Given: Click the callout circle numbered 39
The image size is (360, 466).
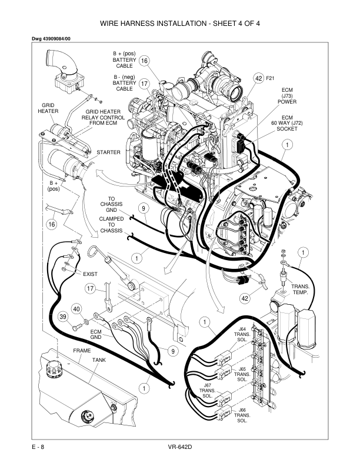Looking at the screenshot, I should [64, 318].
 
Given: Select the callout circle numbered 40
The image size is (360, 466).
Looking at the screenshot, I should [76, 308].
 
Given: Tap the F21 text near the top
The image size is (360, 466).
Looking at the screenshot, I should [271, 78].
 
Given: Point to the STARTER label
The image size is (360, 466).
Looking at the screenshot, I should [109, 152].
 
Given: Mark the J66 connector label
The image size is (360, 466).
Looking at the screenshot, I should [242, 410].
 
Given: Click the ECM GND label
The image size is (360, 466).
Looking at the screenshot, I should [96, 335].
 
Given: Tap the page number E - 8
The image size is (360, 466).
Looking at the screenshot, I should [39, 448].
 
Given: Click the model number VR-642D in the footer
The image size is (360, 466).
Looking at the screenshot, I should [180, 448].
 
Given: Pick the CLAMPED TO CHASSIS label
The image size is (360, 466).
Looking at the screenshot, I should [111, 225].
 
